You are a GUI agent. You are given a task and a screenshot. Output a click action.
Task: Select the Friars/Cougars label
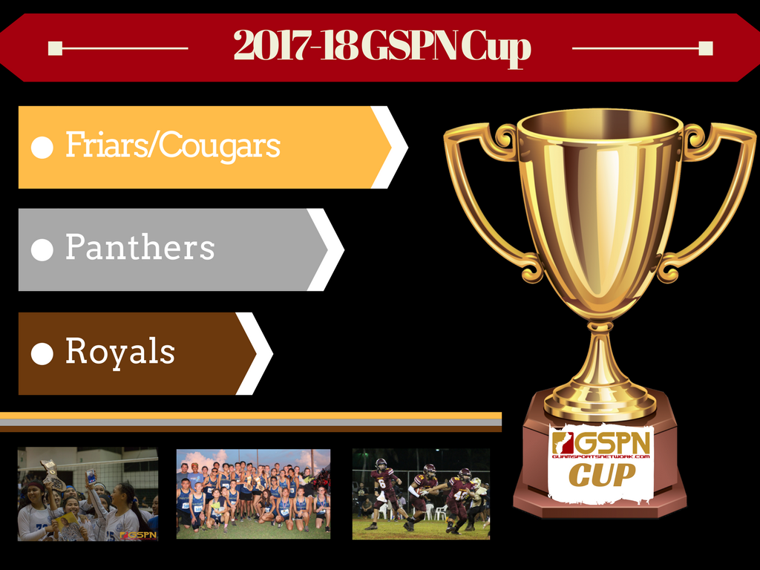click(173, 145)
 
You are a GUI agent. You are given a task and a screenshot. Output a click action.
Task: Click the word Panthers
click(140, 246)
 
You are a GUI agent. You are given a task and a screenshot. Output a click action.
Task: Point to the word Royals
click(120, 351)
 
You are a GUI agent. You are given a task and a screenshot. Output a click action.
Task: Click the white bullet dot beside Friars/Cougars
click(42, 148)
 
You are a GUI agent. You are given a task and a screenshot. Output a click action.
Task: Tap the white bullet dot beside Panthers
click(42, 250)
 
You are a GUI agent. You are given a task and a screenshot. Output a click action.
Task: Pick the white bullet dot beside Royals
click(42, 354)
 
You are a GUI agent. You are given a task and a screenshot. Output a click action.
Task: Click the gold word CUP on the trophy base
click(601, 474)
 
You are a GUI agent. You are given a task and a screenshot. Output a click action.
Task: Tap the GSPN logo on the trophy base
click(601, 445)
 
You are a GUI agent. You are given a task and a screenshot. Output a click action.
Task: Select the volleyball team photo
click(88, 494)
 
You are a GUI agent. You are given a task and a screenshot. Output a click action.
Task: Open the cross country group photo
click(254, 494)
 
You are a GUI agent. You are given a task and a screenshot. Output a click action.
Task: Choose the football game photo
click(422, 494)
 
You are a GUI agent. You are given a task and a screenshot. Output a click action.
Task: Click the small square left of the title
click(55, 48)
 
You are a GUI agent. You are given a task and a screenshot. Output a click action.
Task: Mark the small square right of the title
click(706, 48)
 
